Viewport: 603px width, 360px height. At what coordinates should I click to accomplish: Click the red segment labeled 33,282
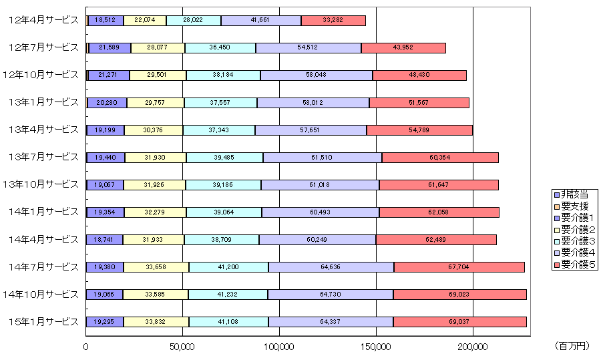pos(333,20)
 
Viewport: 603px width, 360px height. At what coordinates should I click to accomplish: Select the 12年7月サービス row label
pos(44,47)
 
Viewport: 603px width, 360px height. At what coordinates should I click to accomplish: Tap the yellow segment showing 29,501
pos(158,75)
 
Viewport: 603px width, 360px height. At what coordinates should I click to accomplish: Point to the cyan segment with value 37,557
pos(220,102)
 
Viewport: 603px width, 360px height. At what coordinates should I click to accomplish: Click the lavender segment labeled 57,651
pos(311,130)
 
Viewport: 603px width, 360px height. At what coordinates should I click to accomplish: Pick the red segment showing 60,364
pos(439,157)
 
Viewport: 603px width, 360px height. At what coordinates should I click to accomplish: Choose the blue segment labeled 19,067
pos(105,184)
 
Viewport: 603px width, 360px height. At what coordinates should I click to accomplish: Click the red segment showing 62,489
pos(435,239)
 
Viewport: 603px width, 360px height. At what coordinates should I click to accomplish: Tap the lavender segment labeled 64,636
pos(331,266)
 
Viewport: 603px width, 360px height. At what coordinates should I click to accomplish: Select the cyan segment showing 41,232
pos(228,294)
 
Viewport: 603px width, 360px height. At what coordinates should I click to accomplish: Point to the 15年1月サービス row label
pos(44,321)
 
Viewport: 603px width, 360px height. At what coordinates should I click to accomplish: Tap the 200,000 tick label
pos(472,347)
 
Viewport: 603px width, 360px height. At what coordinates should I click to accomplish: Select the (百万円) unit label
pos(572,347)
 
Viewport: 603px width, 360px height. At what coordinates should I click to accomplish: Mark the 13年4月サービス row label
pos(44,130)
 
